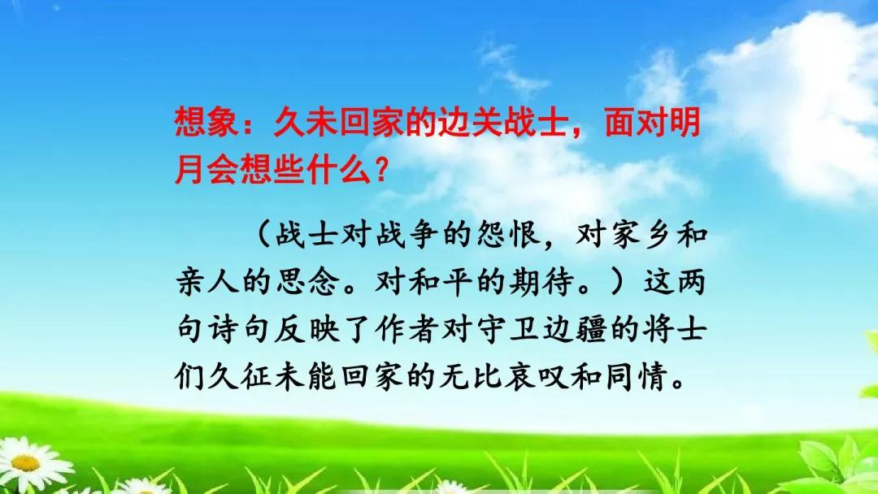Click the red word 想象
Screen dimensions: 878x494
[x=207, y=123]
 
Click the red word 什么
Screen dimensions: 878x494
[x=339, y=170]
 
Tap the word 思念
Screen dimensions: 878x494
[x=306, y=281]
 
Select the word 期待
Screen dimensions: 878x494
[x=541, y=281]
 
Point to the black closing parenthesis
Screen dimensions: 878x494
[x=616, y=281]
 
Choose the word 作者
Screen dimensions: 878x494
[x=407, y=328]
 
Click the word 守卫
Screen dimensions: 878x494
[x=507, y=328]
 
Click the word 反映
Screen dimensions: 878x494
[x=306, y=328]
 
